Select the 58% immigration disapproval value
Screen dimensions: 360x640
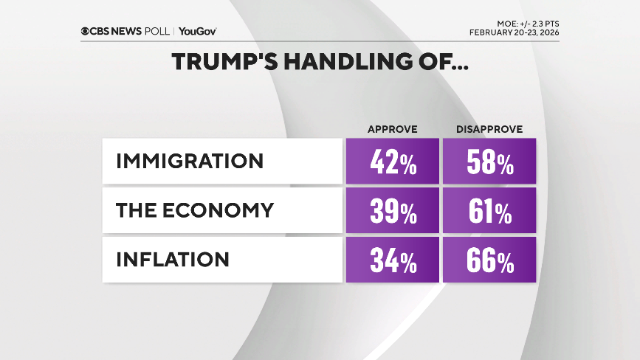tap(489, 162)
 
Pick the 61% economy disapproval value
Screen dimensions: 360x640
tap(489, 211)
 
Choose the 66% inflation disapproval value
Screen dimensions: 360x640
tap(489, 260)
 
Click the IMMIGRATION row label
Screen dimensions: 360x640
tap(189, 161)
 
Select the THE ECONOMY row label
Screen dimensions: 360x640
tap(195, 210)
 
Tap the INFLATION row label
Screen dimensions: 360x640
tap(172, 260)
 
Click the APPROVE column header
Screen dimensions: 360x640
tap(393, 129)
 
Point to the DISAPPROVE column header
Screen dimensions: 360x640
tap(489, 129)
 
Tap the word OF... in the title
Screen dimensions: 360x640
tap(440, 62)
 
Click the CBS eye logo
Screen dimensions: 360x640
tap(86, 32)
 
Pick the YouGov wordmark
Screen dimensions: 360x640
tap(197, 32)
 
